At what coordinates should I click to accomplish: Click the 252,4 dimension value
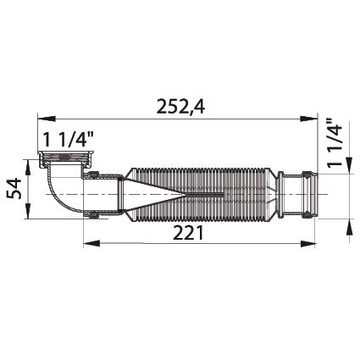[180, 107]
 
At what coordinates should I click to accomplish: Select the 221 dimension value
[188, 233]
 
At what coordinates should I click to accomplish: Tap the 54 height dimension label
[14, 188]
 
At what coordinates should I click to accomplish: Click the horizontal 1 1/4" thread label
[68, 140]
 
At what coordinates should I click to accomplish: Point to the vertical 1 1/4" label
[335, 143]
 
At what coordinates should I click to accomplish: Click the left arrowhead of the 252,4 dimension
[46, 119]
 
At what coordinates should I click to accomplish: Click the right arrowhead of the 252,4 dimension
[308, 119]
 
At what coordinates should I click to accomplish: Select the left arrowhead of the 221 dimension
[92, 243]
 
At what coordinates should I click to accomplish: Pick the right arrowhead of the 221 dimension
[308, 243]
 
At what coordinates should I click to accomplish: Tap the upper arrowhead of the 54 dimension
[28, 169]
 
